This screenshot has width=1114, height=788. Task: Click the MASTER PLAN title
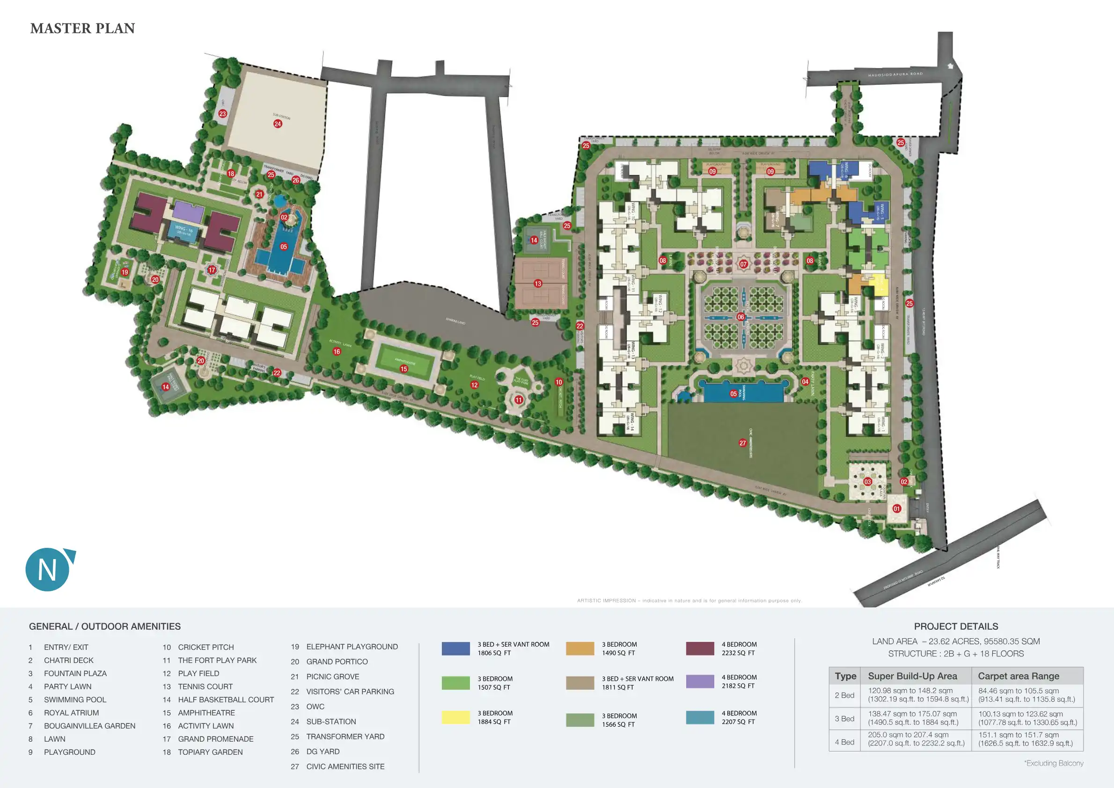click(x=82, y=29)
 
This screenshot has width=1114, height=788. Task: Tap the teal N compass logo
click(x=48, y=570)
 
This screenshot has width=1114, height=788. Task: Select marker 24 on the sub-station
click(x=278, y=124)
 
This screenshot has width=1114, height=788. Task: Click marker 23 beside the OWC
click(x=223, y=114)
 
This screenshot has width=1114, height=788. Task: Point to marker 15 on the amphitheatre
click(x=403, y=369)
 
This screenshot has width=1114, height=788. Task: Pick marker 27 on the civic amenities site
click(x=742, y=443)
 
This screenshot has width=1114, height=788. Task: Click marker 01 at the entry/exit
click(x=897, y=509)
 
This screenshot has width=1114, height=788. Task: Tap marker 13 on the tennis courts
click(x=538, y=283)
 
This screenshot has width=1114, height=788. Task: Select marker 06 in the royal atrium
click(x=740, y=317)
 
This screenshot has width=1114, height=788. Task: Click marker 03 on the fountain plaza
click(x=867, y=482)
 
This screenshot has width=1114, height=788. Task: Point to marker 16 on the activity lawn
click(x=337, y=351)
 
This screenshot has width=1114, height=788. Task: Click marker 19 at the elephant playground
click(x=125, y=272)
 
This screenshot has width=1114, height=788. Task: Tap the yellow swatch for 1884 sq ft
click(x=455, y=717)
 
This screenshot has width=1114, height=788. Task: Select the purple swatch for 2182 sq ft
click(x=700, y=681)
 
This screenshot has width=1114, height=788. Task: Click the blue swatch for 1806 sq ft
click(x=455, y=648)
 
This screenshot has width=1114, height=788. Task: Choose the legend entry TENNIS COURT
click(x=205, y=686)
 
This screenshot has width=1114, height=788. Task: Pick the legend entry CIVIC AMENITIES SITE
click(x=345, y=766)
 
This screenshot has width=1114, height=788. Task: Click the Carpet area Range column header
click(x=1019, y=676)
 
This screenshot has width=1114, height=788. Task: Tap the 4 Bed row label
click(x=844, y=743)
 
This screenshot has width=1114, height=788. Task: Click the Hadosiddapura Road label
click(x=895, y=74)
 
